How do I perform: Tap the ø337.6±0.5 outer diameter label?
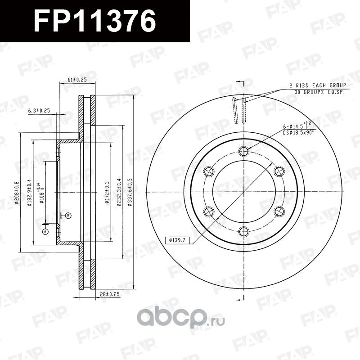(130, 192)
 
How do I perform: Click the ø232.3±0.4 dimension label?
(118, 192)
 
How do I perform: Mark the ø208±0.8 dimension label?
(17, 193)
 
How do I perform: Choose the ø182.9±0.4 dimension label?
(29, 193)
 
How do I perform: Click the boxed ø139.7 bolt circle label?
(178, 240)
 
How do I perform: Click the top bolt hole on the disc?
(244, 151)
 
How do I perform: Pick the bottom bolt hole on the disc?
(244, 232)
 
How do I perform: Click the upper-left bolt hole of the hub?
(209, 171)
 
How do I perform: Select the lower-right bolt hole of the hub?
(279, 211)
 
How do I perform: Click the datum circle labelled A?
(45, 231)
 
